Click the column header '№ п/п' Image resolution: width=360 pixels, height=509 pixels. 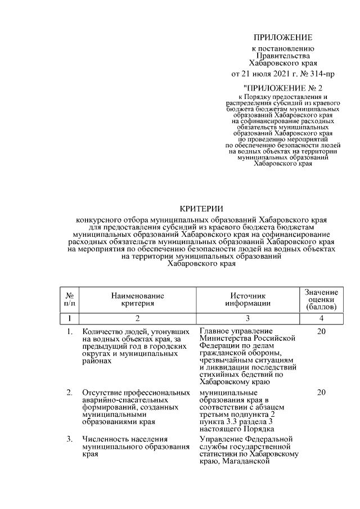point(70,299)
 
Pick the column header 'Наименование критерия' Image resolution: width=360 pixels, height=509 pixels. point(137,299)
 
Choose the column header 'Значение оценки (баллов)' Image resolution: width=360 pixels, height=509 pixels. point(321,300)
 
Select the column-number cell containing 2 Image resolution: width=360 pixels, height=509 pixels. point(137,319)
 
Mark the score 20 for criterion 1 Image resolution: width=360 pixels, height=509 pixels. point(321,332)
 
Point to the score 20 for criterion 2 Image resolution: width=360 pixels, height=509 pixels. point(321,392)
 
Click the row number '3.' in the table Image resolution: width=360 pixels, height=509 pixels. point(69,439)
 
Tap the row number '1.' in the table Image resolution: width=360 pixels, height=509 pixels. point(69,332)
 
